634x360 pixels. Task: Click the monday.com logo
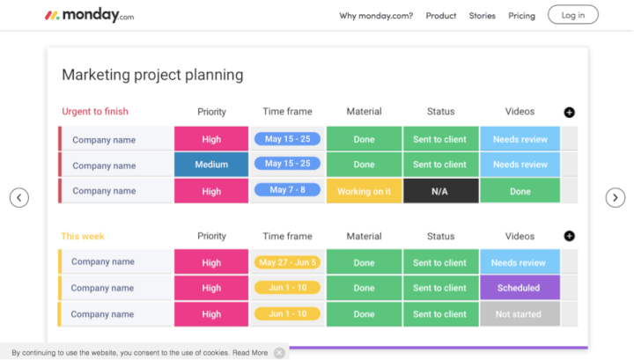coord(89,15)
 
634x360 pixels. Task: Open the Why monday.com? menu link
coord(376,15)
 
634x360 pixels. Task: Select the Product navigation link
coord(441,15)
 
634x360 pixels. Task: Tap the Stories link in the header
coord(482,15)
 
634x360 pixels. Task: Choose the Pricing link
coord(521,15)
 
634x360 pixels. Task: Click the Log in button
coord(572,15)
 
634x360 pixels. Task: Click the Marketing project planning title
coord(152,75)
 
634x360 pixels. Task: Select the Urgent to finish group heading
coord(95,112)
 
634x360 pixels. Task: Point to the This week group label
coord(83,236)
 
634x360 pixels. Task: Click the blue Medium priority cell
coord(211,165)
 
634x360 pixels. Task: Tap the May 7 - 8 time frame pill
coord(287,190)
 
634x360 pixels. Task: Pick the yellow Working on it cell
coord(364,191)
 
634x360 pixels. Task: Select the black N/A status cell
coord(440,191)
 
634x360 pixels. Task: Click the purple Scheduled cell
coord(519,288)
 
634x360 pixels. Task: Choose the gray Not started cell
coord(519,314)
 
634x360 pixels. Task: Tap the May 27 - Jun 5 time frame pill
coord(287,262)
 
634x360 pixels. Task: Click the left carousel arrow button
coord(19,198)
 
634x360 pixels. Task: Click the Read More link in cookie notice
coord(250,353)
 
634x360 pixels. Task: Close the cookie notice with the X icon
coord(279,353)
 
